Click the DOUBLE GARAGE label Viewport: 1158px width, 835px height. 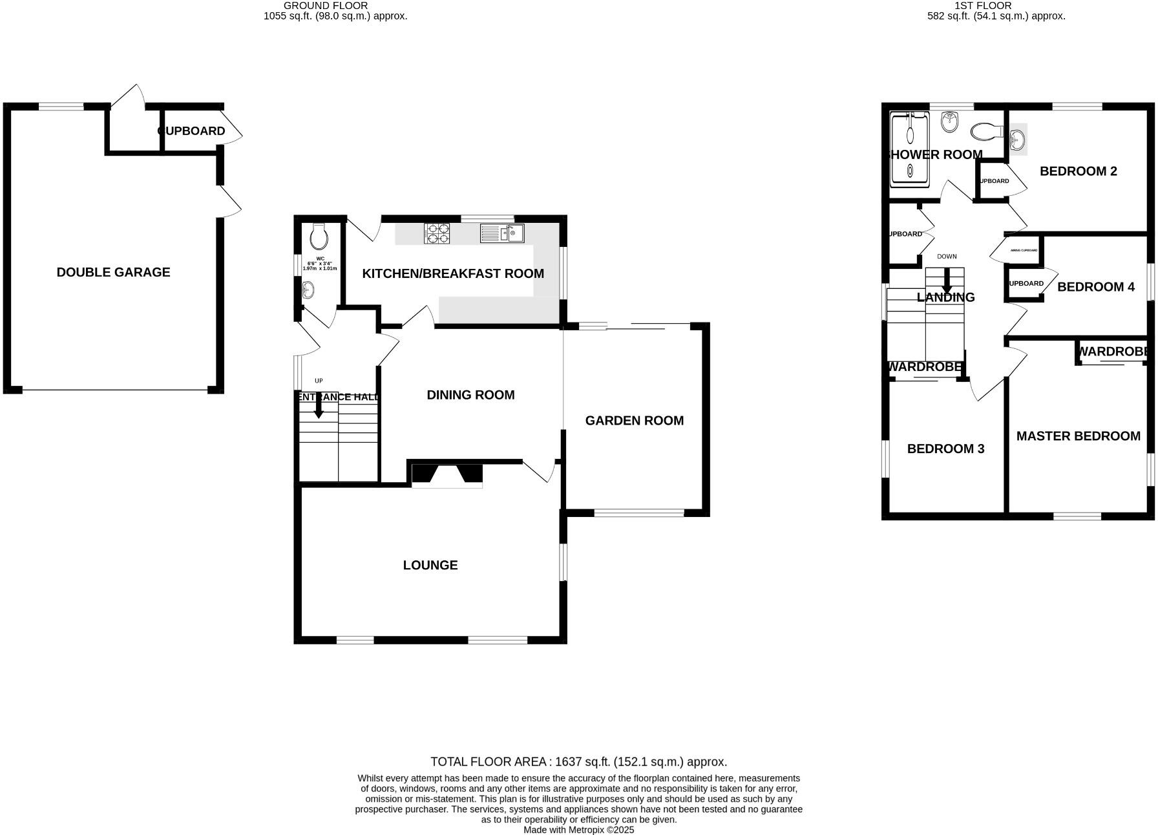click(x=113, y=272)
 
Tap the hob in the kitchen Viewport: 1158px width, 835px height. click(x=437, y=233)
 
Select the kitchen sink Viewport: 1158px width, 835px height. click(x=502, y=233)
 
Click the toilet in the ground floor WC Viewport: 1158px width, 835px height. click(x=319, y=237)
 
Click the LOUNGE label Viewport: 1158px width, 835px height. click(x=430, y=565)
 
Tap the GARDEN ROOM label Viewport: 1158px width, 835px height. click(x=634, y=420)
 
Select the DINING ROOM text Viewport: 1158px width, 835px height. click(x=470, y=394)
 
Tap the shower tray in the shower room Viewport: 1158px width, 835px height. click(x=910, y=150)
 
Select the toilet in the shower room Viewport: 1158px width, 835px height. click(x=986, y=131)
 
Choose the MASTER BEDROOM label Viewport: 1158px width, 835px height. click(x=1078, y=436)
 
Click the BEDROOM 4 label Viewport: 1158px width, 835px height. click(x=1095, y=287)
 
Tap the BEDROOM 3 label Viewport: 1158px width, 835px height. click(x=945, y=449)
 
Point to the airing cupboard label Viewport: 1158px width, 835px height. click(x=1024, y=250)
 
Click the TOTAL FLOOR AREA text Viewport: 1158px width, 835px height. click(x=578, y=762)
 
